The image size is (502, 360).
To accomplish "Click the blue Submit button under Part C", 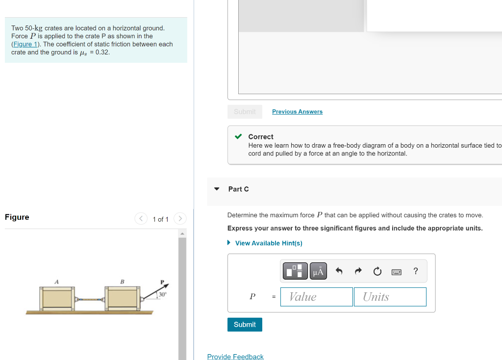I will [x=245, y=325].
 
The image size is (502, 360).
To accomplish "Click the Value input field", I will [x=316, y=297].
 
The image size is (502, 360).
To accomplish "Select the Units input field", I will [x=390, y=297].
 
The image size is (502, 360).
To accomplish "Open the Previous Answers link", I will [x=297, y=112].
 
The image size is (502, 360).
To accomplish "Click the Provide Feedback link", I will [x=235, y=357].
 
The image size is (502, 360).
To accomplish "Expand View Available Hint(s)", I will [x=268, y=243].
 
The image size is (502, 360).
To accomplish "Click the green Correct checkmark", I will [x=238, y=137].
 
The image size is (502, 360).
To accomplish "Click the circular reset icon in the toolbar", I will [x=376, y=271].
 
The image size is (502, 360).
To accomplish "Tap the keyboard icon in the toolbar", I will [x=396, y=271].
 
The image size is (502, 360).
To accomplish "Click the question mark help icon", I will [x=416, y=271].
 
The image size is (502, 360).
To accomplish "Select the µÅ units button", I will [x=318, y=271].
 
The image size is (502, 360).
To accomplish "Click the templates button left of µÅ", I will [x=295, y=271].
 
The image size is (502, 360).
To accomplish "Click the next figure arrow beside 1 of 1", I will [x=180, y=218].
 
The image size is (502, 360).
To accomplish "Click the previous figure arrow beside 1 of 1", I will [x=141, y=218].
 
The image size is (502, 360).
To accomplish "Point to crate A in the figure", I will [x=58, y=298].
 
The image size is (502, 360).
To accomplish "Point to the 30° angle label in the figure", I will [x=162, y=294].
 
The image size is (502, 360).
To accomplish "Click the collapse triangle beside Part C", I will [x=217, y=189].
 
